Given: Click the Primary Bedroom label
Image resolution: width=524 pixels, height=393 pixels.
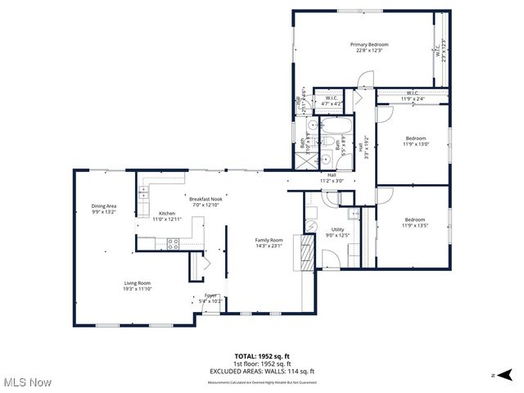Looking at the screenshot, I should pos(369,47).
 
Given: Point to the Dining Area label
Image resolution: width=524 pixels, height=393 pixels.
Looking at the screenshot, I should pos(103,208).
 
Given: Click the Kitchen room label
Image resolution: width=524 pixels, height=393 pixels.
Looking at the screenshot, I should pos(167,216).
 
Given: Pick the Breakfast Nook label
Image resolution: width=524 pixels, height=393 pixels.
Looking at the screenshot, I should pos(206,201).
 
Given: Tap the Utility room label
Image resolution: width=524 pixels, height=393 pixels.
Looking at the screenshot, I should pos(338,233).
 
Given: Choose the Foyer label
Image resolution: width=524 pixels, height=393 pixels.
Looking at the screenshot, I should pos(210,299).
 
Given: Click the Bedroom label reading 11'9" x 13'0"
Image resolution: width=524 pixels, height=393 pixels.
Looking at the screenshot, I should pos(416,142).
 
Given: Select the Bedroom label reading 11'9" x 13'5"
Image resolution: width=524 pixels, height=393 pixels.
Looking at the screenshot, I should pos(415,222).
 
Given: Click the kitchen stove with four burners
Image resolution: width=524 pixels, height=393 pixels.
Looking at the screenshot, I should pos(174,242).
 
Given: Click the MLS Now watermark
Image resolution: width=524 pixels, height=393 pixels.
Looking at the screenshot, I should pos(26,382).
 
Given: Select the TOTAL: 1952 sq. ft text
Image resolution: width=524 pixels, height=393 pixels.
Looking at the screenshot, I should pos(262,356).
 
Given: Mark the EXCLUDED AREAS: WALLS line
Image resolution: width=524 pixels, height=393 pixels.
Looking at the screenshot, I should pos(262,370).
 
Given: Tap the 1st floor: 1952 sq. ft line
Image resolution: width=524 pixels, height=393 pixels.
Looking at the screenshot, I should pos(262,364).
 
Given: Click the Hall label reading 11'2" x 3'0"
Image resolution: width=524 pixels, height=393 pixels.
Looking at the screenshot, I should pos(332,178).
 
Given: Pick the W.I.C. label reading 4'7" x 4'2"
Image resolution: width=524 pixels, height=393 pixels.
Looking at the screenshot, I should pos(332,102).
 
